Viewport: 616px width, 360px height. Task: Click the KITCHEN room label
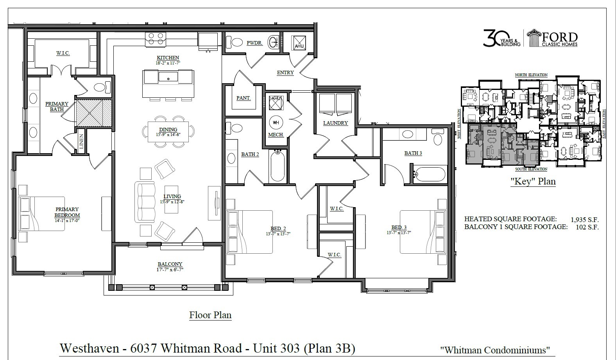coord(168,57)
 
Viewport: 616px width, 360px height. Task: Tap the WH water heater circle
coord(276,122)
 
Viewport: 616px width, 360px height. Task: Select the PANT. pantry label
coord(243,98)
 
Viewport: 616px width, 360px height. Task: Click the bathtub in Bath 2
coord(278,166)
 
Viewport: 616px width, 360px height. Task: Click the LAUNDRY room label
coord(335,123)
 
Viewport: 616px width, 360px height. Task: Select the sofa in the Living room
coord(145,202)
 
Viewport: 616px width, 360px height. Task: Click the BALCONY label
coord(170,264)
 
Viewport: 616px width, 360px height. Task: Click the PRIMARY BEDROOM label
coord(67,212)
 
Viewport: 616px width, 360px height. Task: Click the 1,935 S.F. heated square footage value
coord(584,220)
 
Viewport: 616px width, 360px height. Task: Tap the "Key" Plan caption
coord(533,181)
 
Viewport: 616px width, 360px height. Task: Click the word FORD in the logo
coord(559,38)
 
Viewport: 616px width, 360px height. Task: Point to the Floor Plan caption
coord(210,315)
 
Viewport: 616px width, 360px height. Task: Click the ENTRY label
coord(285,73)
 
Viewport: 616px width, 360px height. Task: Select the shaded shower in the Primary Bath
coord(94,113)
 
